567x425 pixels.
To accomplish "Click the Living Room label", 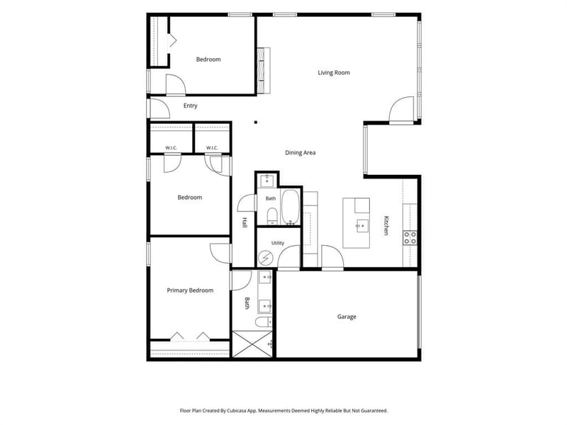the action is (x=333, y=73).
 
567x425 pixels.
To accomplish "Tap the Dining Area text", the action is (x=300, y=153).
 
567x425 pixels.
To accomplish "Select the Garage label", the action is (x=347, y=317).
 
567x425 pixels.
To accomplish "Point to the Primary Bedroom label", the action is (x=190, y=290).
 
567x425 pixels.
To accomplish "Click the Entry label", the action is (x=190, y=106).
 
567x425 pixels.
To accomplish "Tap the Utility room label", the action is (x=278, y=243).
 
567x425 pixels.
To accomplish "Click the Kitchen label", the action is (x=386, y=225).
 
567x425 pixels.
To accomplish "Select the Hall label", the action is (x=245, y=222).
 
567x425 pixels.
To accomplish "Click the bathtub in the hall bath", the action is (x=291, y=207).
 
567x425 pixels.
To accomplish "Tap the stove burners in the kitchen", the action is (x=410, y=238).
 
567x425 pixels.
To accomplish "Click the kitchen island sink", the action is (x=361, y=226).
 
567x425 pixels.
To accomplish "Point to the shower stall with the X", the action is (x=252, y=344).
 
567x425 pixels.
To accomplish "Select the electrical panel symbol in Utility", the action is (x=266, y=259).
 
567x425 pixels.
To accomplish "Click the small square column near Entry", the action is (x=256, y=123).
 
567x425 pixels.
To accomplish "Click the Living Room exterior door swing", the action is (x=401, y=110).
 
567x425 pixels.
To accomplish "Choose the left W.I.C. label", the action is (x=171, y=148).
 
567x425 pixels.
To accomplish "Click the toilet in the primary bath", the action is (x=264, y=322).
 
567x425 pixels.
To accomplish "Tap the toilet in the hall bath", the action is (x=272, y=216).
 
